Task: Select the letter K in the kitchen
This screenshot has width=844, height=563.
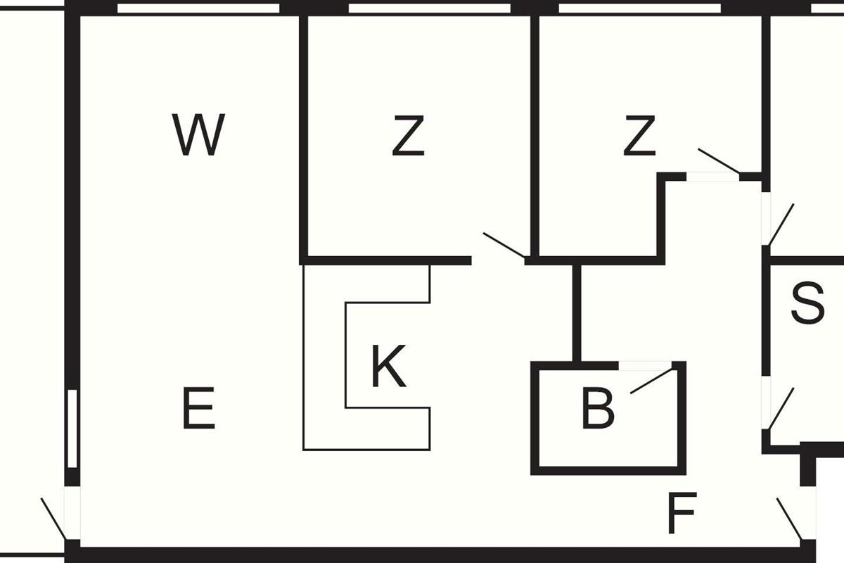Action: point(388,368)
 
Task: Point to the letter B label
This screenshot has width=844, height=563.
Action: point(597,409)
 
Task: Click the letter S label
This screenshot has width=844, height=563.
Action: point(807,303)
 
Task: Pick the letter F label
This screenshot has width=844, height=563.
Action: point(681,514)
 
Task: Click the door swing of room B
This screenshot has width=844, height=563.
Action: point(651,380)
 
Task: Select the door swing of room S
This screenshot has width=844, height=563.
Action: point(781,408)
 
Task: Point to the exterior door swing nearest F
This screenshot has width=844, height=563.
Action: point(789,519)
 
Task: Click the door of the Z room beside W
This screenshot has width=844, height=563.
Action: point(504,245)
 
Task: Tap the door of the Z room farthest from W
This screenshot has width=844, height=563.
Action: point(718,160)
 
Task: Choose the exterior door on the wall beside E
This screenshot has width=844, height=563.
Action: point(53,518)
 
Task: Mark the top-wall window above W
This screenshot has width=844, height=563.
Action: point(198,8)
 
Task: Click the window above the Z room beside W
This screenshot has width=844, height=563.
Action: point(429,8)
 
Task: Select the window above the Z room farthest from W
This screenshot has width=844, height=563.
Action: point(639,8)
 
